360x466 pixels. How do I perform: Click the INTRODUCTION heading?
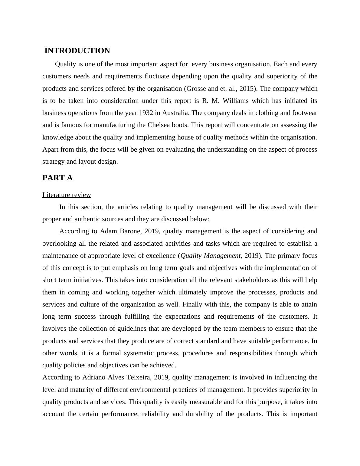tap(77, 51)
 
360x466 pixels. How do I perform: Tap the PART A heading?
tap(57, 178)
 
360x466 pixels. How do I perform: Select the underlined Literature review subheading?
tap(67, 195)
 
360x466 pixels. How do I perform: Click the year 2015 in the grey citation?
tap(246, 89)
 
